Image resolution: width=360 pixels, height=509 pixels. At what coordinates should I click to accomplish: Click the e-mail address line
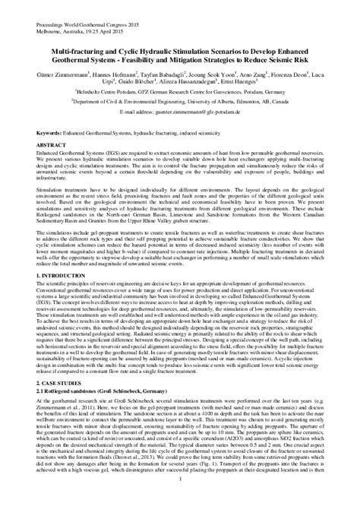pos(179,112)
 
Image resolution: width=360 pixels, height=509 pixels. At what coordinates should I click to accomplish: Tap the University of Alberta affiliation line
pos(180,101)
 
